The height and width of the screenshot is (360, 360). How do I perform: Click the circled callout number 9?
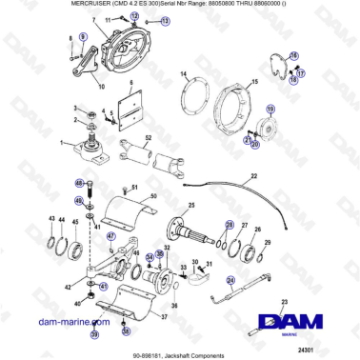[82, 35]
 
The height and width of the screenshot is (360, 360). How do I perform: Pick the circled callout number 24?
[230, 280]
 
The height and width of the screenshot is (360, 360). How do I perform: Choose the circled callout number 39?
[94, 335]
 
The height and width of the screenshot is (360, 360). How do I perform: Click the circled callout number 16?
[293, 56]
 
